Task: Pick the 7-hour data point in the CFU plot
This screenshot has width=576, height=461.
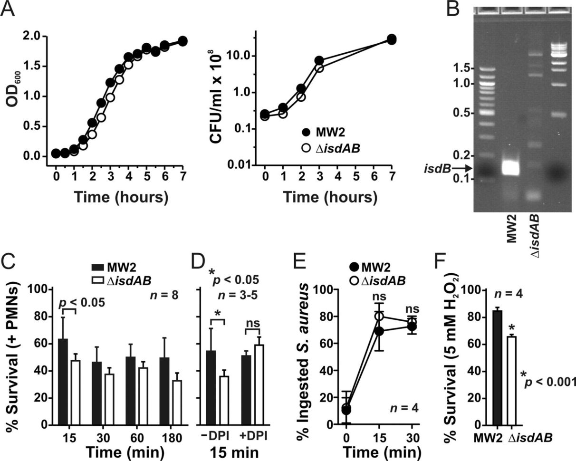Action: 391,39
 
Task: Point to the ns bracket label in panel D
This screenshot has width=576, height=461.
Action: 252,325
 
